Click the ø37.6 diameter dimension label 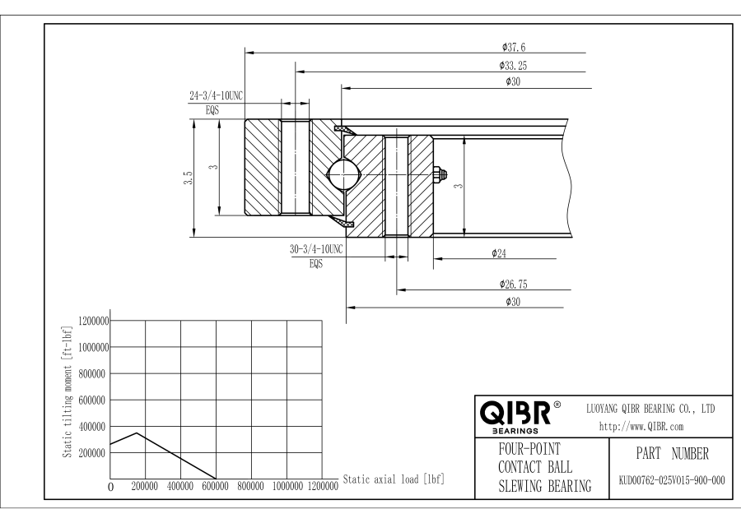pos(513,47)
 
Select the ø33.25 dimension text pos(513,64)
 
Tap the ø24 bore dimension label pos(498,253)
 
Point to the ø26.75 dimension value pos(513,284)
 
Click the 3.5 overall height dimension pos(188,178)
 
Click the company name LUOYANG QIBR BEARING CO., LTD pos(650,408)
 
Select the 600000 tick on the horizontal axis pos(216,486)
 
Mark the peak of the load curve pos(137,433)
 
